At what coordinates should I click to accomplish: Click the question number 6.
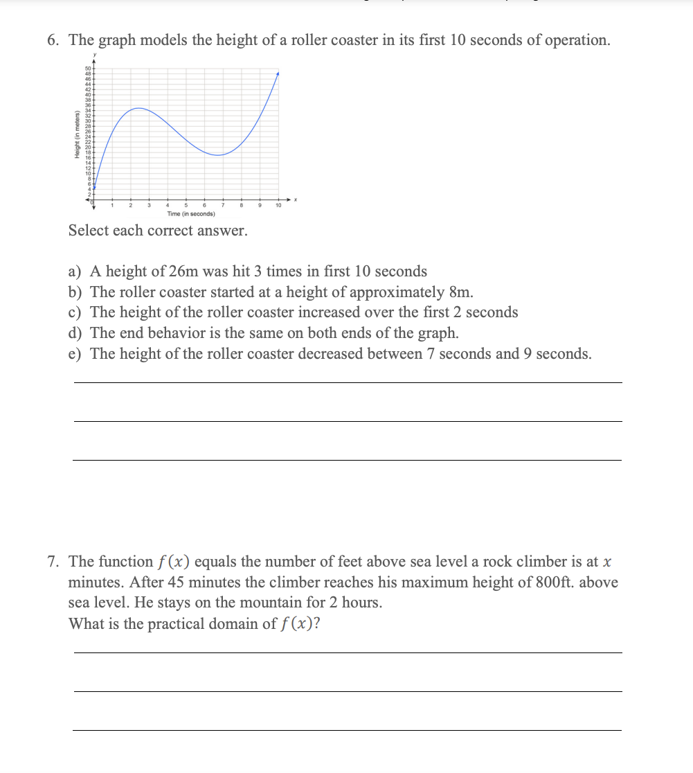pyautogui.click(x=53, y=40)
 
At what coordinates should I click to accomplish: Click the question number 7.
pyautogui.click(x=53, y=562)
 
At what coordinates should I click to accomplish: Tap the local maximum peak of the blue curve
pyautogui.click(x=139, y=108)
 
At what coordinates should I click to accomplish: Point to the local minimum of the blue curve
pyautogui.click(x=218, y=155)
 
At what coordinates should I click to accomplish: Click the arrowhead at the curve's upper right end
pyautogui.click(x=278, y=73)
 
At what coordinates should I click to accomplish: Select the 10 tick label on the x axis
pyautogui.click(x=278, y=206)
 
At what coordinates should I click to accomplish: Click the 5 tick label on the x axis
pyautogui.click(x=186, y=206)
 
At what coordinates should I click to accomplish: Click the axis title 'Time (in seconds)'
pyautogui.click(x=190, y=214)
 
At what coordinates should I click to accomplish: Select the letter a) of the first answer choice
pyautogui.click(x=75, y=272)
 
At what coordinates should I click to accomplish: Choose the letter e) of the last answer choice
pyautogui.click(x=75, y=355)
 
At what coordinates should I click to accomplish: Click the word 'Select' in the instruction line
pyautogui.click(x=88, y=231)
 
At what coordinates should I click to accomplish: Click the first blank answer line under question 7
pyautogui.click(x=347, y=652)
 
